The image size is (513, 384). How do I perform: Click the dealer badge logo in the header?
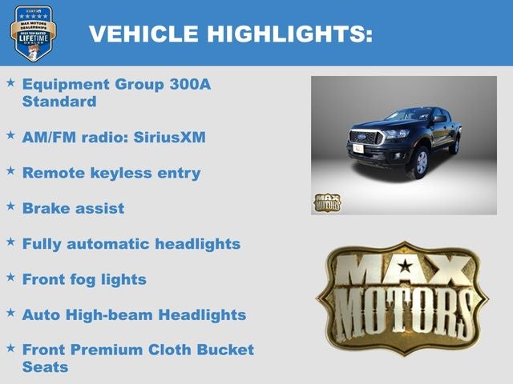(x=33, y=33)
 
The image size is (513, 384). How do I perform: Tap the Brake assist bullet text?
(x=73, y=208)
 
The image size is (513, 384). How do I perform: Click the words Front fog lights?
(x=84, y=279)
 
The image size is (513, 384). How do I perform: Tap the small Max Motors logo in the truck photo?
(x=326, y=202)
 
